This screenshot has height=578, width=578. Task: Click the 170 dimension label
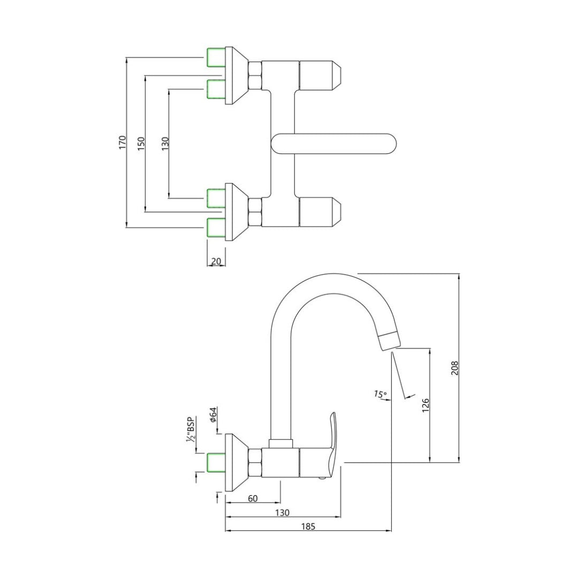coord(123,142)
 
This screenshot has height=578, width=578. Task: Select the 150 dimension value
coord(141,143)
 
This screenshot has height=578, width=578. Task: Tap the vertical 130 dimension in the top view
coord(165,142)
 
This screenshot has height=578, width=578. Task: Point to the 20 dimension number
coord(217,261)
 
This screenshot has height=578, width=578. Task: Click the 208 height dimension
coord(455,367)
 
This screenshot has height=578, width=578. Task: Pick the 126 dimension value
coord(425,404)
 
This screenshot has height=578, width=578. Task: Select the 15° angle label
coord(381,394)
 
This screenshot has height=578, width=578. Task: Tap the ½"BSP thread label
coord(189,430)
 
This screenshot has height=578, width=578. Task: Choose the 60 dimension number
coord(253,498)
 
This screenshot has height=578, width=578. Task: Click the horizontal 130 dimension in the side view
coord(283,513)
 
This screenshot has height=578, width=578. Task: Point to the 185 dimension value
coord(308,527)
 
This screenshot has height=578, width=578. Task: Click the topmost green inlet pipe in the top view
coord(216,57)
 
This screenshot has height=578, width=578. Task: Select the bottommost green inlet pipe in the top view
coord(216,227)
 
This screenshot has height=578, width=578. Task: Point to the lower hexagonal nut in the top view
coord(255,211)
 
